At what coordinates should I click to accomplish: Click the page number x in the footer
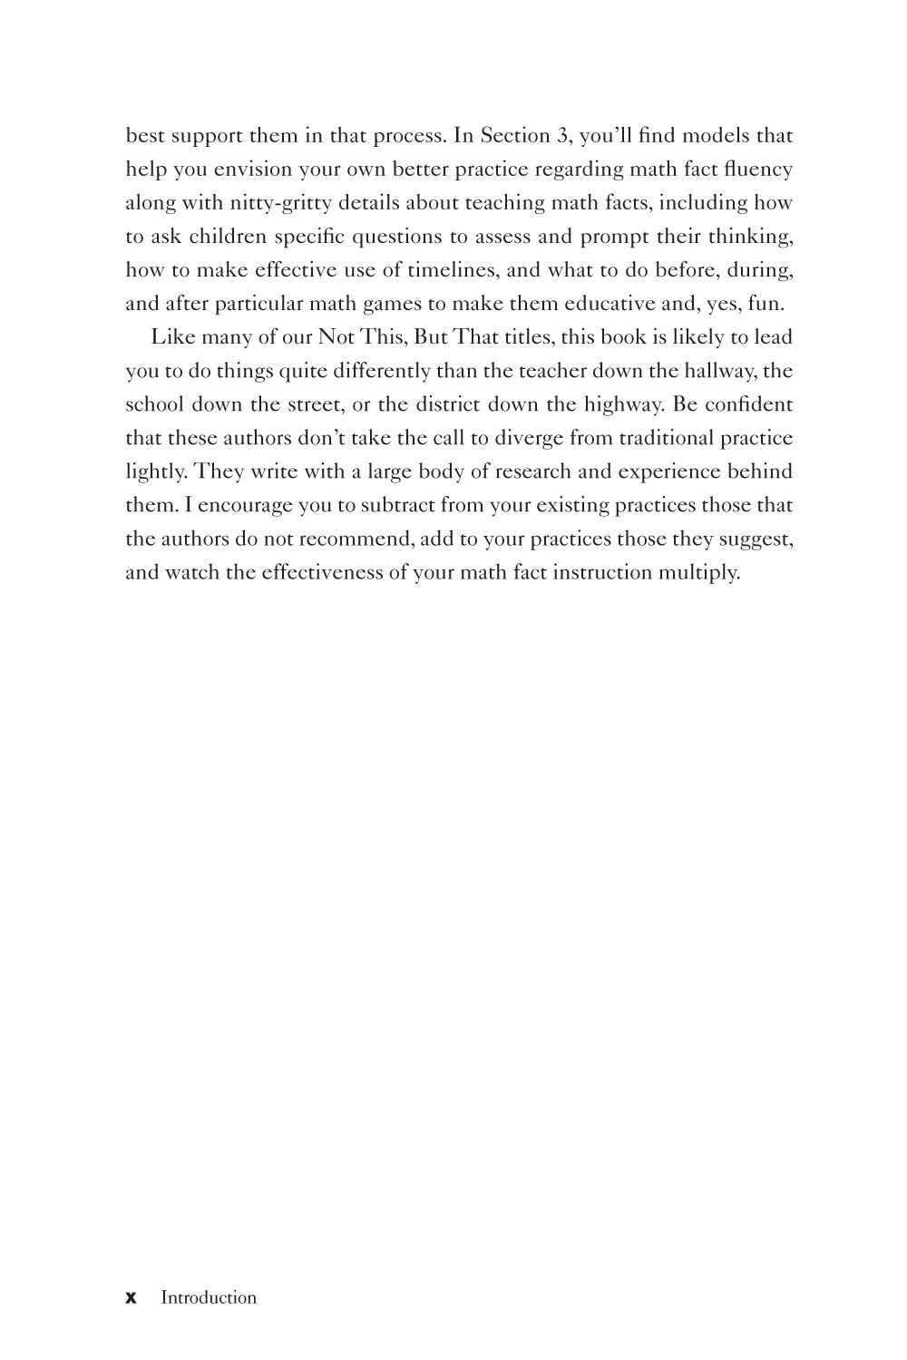tap(131, 1298)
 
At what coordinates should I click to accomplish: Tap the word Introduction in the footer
tap(209, 1297)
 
